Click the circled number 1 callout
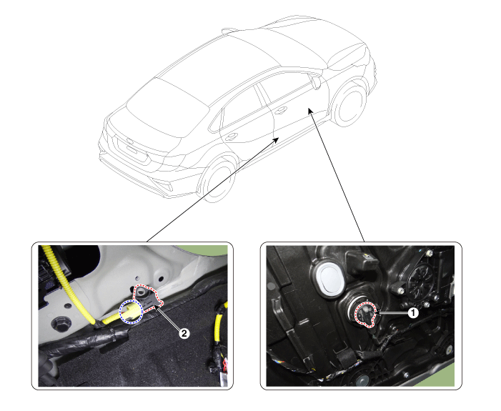413,313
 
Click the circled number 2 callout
184,334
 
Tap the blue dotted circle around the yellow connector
131,312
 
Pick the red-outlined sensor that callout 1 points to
366,315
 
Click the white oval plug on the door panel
329,279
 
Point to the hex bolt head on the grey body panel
61,325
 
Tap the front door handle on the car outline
281,111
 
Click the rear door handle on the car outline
231,137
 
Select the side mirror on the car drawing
317,82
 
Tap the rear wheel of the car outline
217,179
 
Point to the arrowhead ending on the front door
310,111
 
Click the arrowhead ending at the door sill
275,140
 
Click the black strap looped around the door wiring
345,356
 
